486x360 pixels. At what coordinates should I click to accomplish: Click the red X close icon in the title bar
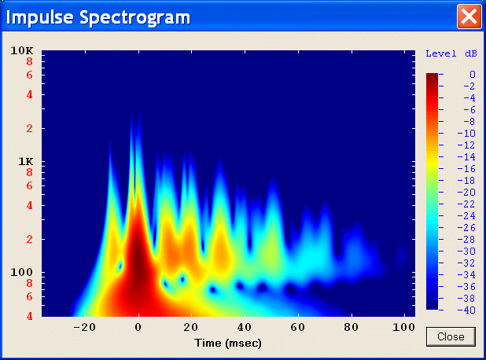click(469, 17)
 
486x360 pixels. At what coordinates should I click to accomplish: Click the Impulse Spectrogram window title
click(98, 17)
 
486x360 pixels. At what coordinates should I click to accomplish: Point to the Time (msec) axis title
click(228, 343)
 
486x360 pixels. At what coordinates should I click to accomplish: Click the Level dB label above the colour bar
click(451, 54)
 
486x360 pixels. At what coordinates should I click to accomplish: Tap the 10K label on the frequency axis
click(22, 50)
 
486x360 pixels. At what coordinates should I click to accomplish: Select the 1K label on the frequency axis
click(25, 161)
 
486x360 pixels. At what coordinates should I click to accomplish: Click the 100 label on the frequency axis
click(22, 272)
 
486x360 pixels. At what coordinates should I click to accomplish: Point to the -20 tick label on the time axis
click(85, 327)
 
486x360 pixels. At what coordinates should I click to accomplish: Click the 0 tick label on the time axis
click(138, 327)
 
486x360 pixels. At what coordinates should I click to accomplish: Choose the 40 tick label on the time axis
click(245, 327)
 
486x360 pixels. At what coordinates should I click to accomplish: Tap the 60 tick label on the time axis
click(298, 327)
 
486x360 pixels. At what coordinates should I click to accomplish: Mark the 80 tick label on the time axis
click(352, 327)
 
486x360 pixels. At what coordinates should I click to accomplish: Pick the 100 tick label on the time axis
click(404, 327)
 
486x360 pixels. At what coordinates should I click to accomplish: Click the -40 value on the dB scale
click(466, 310)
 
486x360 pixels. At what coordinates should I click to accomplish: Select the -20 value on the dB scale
click(466, 193)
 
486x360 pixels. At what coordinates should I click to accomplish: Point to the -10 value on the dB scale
click(466, 134)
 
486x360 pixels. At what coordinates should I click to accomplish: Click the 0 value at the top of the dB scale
click(472, 75)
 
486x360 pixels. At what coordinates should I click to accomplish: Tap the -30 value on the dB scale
click(466, 252)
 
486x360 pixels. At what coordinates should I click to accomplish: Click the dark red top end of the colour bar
click(432, 76)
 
